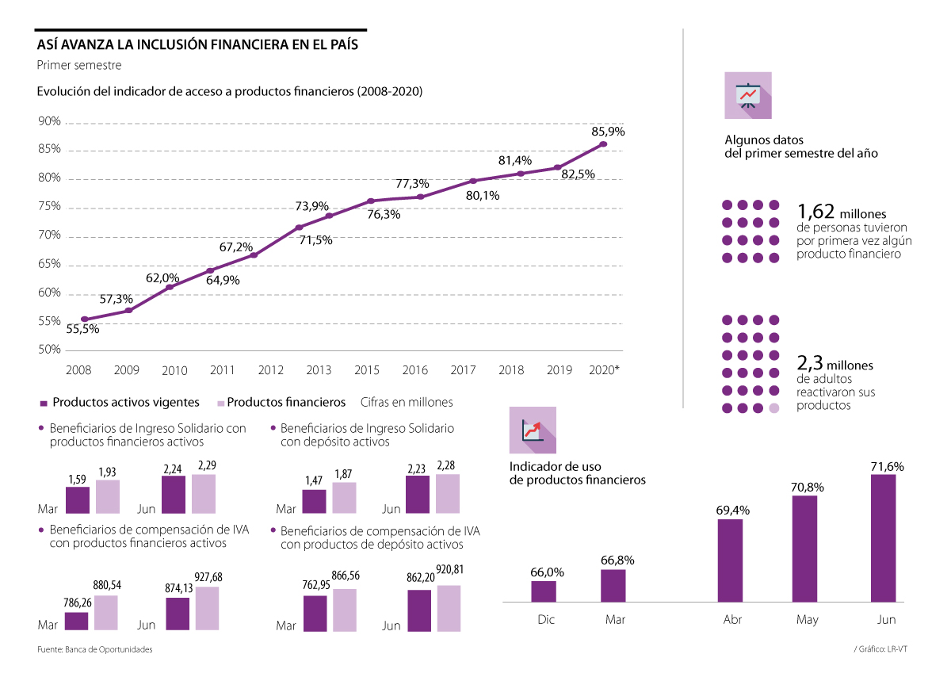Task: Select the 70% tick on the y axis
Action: pyautogui.click(x=49, y=235)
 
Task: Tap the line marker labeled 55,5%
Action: pyautogui.click(x=84, y=319)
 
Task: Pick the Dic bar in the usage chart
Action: pyautogui.click(x=544, y=591)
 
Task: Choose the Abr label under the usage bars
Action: pyautogui.click(x=732, y=620)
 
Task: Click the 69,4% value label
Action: pyautogui.click(x=731, y=509)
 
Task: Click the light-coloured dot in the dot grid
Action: pyautogui.click(x=774, y=407)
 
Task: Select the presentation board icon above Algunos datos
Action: pyautogui.click(x=747, y=95)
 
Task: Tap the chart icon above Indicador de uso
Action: pyautogui.click(x=533, y=430)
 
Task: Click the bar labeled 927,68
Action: pyautogui.click(x=208, y=609)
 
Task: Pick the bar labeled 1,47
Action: pyautogui.click(x=315, y=501)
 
